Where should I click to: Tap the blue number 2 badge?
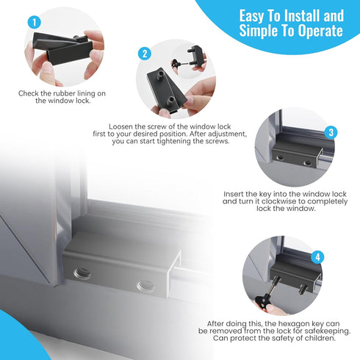pos(145,53)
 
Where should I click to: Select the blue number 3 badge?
pos(331,133)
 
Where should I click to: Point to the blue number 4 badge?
pos(317,257)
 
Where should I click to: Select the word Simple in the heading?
pos(259,32)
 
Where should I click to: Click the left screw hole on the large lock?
pos(82,274)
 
